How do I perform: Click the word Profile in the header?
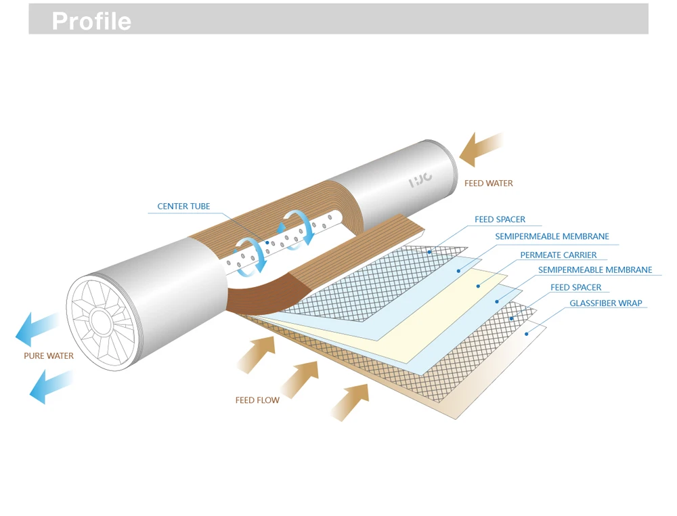click(91, 21)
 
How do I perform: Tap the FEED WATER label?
click(488, 183)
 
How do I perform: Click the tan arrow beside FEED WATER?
click(481, 149)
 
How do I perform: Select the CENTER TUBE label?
click(183, 206)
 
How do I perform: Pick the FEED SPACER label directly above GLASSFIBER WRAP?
click(575, 287)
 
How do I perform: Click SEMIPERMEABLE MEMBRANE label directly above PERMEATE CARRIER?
click(552, 236)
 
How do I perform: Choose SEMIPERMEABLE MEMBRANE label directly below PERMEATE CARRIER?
click(594, 270)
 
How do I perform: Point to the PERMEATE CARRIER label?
click(558, 255)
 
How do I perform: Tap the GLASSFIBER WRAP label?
click(605, 303)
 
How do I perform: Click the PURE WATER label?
click(49, 356)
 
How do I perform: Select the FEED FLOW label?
click(257, 400)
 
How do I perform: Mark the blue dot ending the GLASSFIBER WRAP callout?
click(527, 332)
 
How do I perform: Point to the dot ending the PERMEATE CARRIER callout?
click(478, 286)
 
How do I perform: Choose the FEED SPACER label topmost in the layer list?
click(500, 219)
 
